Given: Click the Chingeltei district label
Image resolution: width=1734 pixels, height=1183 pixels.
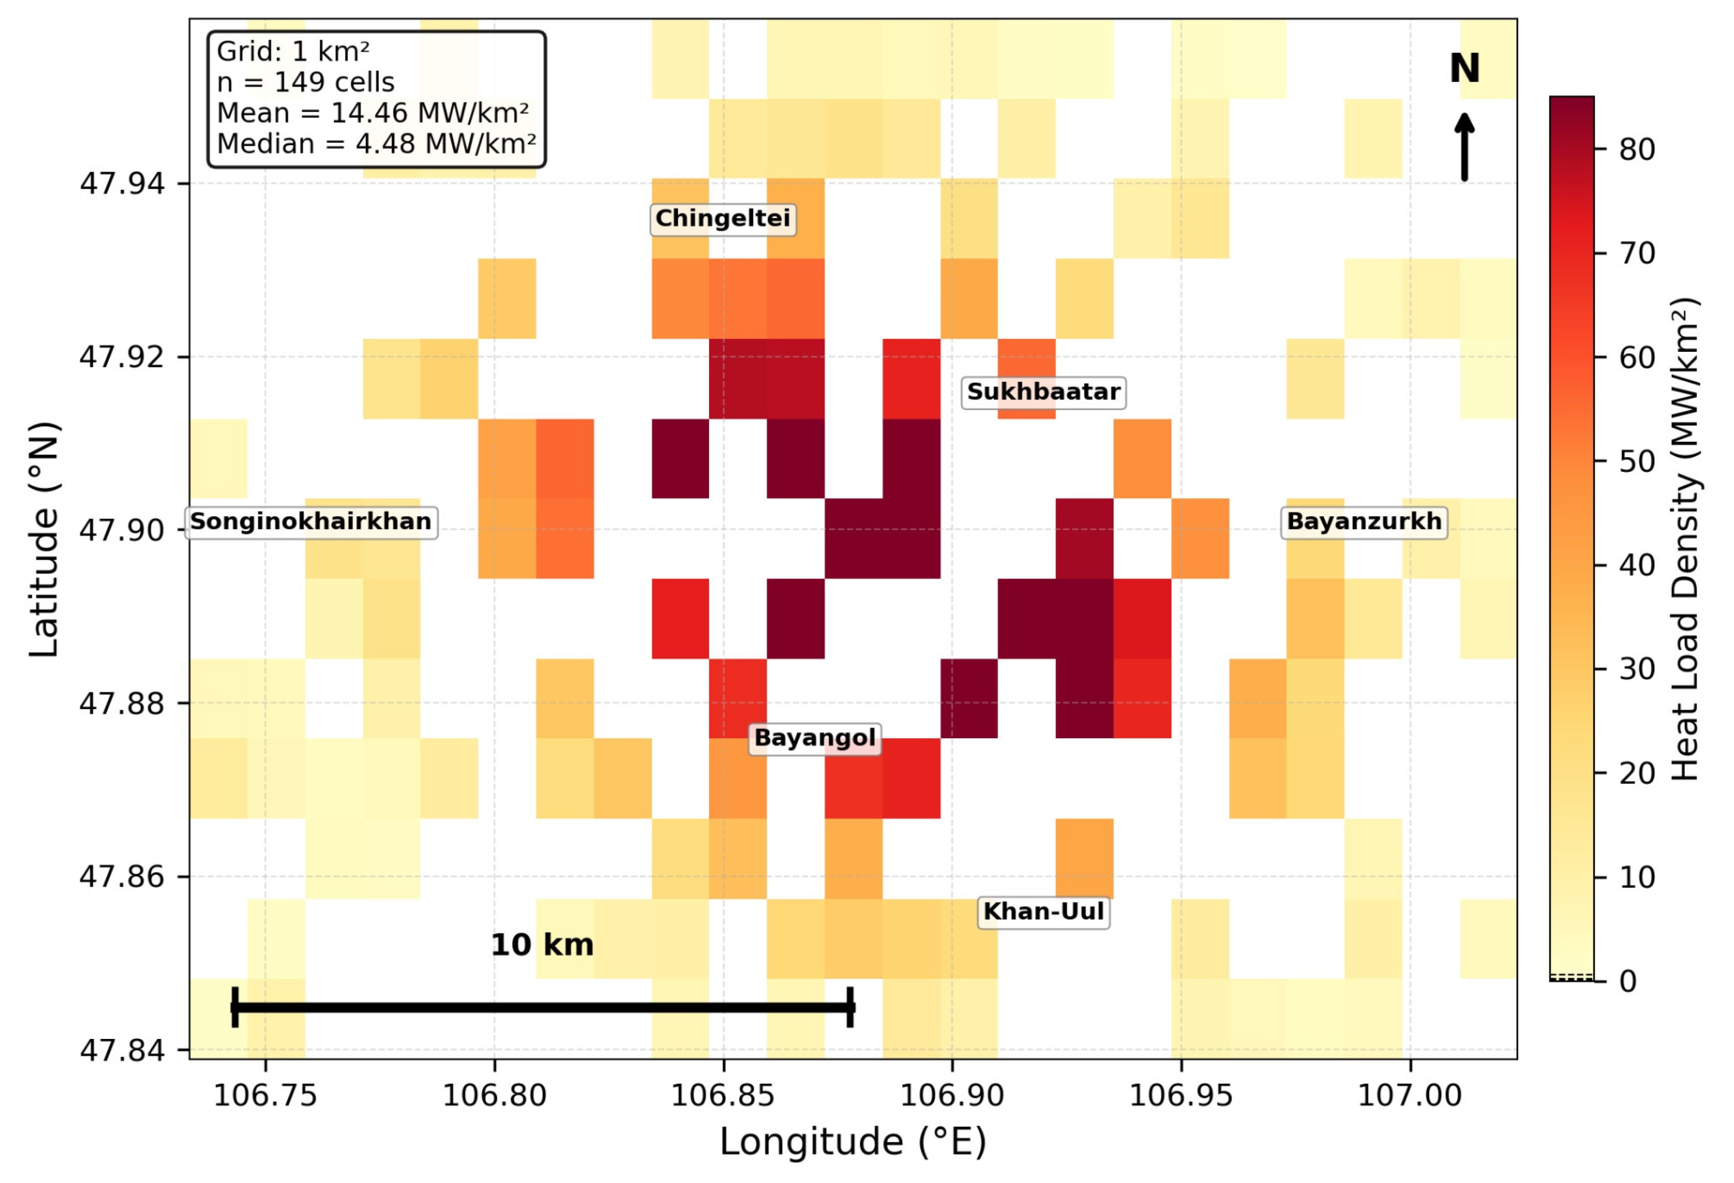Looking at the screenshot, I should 723,219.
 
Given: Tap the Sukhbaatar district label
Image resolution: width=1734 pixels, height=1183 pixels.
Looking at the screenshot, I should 1043,392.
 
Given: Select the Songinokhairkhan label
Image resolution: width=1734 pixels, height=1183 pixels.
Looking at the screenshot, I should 311,521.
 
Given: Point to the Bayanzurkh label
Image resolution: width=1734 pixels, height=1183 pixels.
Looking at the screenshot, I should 1364,521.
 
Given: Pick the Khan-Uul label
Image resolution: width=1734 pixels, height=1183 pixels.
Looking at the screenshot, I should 1043,911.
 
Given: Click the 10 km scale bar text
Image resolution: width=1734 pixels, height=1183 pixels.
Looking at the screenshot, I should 542,945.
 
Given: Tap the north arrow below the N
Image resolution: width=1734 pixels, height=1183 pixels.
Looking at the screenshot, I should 1465,147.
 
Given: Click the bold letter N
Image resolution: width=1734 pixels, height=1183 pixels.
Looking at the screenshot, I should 1465,69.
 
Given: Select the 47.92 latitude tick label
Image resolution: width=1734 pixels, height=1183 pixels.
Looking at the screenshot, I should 121,357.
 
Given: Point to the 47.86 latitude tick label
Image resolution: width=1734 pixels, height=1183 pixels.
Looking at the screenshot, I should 121,876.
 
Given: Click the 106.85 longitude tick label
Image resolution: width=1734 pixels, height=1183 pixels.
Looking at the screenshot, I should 723,1096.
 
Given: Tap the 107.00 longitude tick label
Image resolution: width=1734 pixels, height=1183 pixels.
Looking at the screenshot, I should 1409,1096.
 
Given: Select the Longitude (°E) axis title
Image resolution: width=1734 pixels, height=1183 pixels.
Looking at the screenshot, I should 853,1142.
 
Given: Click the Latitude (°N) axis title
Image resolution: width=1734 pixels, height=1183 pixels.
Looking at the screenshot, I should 44,539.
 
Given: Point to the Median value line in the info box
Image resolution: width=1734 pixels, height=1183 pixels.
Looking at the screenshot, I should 376,144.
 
